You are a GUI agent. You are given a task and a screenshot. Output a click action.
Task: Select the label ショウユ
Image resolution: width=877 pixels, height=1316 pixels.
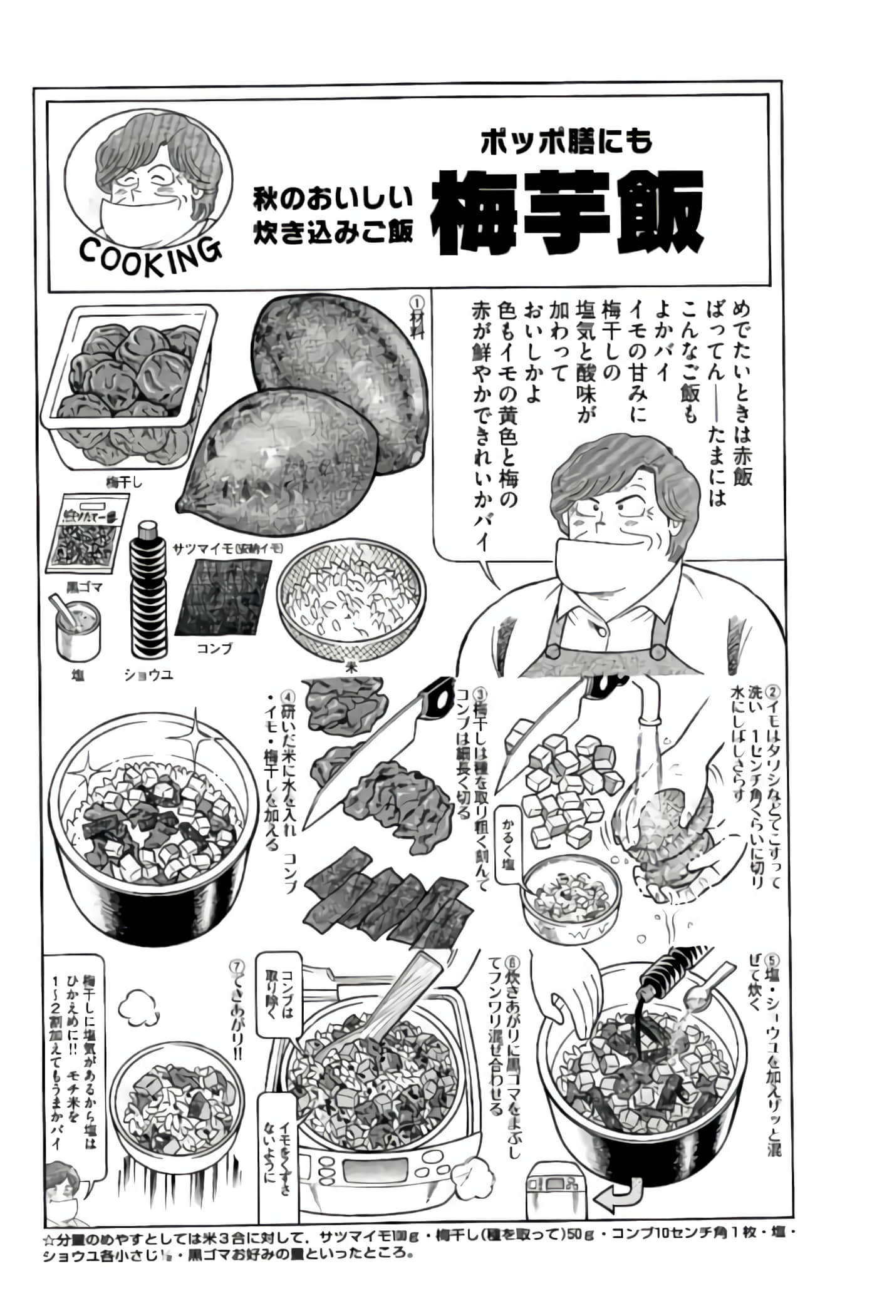(x=148, y=675)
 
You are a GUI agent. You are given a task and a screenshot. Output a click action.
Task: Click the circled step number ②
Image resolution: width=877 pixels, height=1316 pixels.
(x=772, y=693)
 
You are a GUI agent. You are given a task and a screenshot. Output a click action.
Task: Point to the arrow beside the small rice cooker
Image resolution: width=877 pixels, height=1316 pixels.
(x=617, y=1198)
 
